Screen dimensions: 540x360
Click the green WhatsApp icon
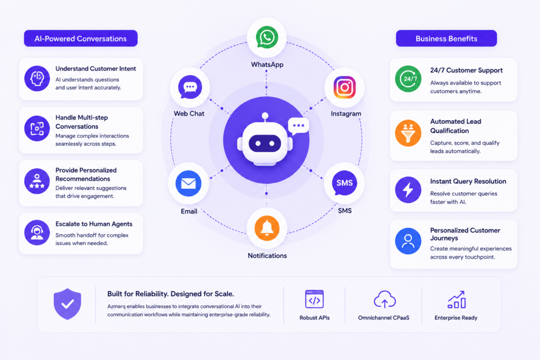coord(267,37)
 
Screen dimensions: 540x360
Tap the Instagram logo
coord(344,87)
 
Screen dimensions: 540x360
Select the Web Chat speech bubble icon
coord(190,87)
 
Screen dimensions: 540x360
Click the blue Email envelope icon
coord(188,183)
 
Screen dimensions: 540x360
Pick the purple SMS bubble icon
coord(344,183)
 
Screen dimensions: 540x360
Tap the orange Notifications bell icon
coord(267,228)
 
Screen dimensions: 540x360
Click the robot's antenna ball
coord(265,116)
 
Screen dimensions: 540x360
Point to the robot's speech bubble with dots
coord(298,126)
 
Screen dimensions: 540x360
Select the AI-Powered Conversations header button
coord(81,38)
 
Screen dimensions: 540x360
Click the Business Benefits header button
coord(446,38)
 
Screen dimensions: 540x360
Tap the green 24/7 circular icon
coord(408,79)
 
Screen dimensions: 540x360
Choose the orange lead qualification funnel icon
coord(408,133)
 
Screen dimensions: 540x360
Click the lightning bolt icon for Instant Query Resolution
coord(408,190)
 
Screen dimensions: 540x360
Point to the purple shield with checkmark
coord(67,304)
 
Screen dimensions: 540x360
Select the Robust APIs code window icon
coord(314,299)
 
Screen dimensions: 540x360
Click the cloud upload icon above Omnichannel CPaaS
coord(384,299)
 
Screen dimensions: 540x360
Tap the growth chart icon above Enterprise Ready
coord(457,299)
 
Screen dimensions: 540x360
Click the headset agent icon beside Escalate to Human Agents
coord(37,232)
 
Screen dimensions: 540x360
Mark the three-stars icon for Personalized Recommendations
coord(37,181)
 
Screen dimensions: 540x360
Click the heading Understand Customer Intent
coord(96,69)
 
